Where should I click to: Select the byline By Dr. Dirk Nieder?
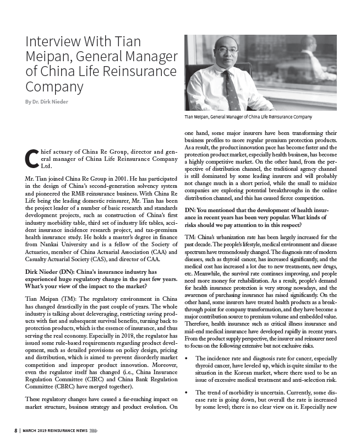[48, 101]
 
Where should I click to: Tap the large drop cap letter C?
[31, 158]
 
